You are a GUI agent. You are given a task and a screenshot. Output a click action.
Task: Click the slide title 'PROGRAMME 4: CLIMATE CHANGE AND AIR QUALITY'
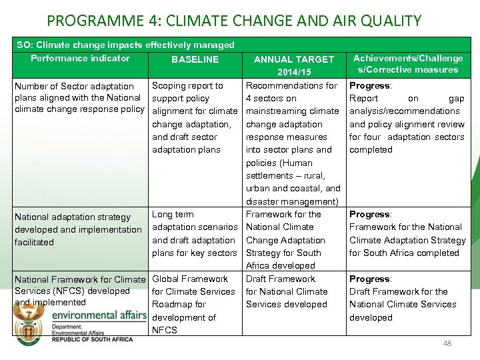pos(234,21)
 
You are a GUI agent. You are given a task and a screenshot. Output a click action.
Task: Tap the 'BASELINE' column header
pos(195,59)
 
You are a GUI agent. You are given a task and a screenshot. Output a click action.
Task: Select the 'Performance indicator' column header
pos(80,58)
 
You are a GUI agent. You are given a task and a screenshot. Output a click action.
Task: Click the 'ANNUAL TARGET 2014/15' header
pos(294,65)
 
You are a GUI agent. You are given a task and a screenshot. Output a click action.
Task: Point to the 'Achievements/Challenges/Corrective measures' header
pos(407,64)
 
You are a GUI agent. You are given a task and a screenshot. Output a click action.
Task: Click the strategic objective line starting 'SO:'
pos(125,45)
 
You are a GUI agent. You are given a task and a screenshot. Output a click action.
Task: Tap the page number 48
pos(447,343)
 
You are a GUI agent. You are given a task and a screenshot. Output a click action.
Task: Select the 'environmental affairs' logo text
pos(99,315)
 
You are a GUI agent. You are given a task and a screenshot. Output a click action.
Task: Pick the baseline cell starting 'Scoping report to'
pos(195,117)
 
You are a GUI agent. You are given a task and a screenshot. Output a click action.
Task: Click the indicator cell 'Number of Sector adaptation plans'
pos(79,98)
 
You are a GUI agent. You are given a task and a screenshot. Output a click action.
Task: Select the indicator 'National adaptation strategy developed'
pos(78,229)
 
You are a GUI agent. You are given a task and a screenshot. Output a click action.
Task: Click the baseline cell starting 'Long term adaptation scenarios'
pos(195,233)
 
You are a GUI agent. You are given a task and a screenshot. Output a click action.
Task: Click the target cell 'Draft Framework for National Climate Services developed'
pos(287,291)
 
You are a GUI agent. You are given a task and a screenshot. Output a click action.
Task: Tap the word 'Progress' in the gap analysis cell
pos(370,86)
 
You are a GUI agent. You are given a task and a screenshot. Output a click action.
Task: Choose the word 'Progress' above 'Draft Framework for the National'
pos(370,279)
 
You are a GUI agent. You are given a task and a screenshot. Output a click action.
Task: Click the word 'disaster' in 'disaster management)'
pos(264,201)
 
